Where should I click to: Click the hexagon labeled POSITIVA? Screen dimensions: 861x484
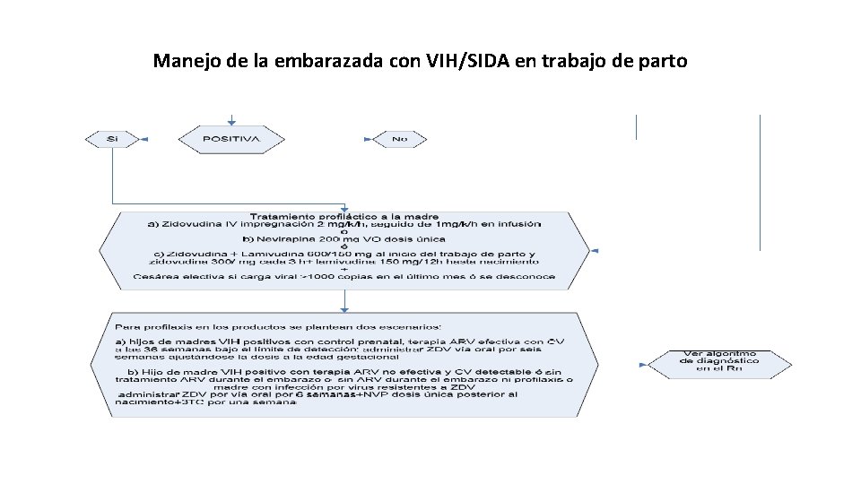tap(231, 139)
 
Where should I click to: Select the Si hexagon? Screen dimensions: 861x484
tap(112, 139)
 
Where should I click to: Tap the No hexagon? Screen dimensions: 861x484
tap(400, 139)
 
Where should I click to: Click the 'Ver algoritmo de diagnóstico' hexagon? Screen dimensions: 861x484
tap(720, 361)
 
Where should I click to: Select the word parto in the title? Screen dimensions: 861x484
tap(662, 62)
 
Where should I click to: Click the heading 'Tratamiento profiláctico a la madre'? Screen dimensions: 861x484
tap(345, 217)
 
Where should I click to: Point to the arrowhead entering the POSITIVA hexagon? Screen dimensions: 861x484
tap(231, 121)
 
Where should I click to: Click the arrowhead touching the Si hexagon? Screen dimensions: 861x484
tap(143, 139)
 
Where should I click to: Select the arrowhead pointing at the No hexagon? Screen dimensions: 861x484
tap(368, 139)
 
